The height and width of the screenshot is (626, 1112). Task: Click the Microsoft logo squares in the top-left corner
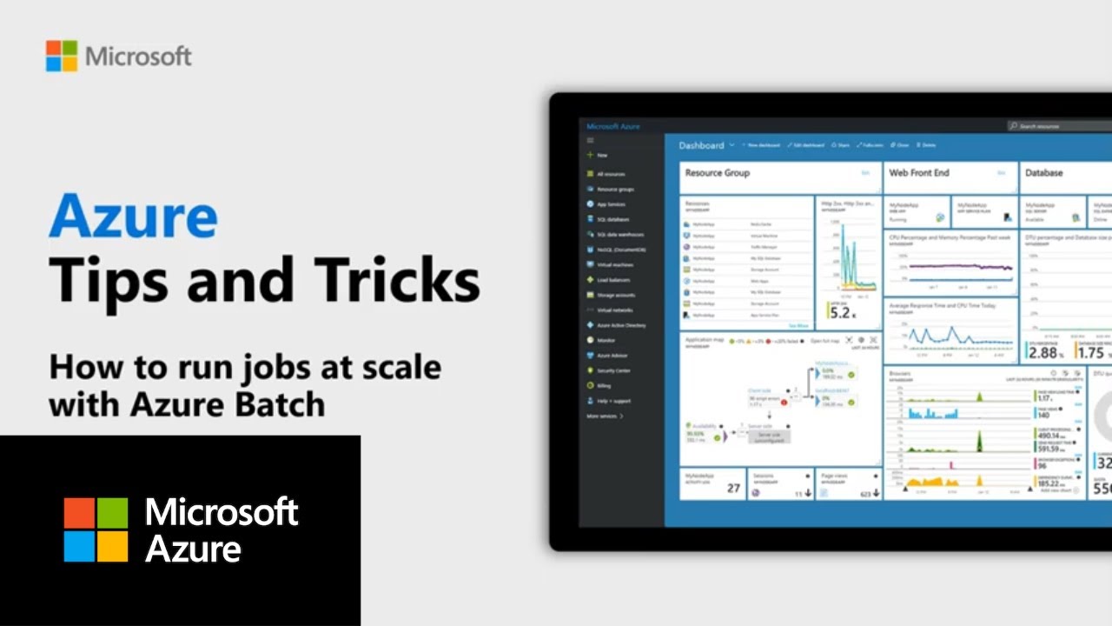(62, 57)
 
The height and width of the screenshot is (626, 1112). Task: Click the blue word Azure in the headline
(133, 216)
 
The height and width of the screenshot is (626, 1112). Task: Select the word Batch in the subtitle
(284, 404)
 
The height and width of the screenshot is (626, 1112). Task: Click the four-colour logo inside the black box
(96, 529)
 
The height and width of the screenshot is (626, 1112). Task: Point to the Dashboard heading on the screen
(701, 145)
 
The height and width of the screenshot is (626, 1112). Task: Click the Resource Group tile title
(717, 173)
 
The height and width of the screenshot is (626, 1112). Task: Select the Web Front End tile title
(919, 173)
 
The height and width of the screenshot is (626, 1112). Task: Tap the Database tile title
(1043, 173)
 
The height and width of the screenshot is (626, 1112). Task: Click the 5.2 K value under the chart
(841, 313)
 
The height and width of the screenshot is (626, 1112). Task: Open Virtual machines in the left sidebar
(615, 264)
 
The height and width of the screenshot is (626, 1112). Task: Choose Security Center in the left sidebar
(614, 370)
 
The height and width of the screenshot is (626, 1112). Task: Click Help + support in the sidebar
(614, 401)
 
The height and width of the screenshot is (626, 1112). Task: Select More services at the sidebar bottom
(605, 416)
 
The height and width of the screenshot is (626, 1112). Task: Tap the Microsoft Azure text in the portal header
(613, 126)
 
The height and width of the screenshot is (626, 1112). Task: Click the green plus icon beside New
(590, 155)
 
